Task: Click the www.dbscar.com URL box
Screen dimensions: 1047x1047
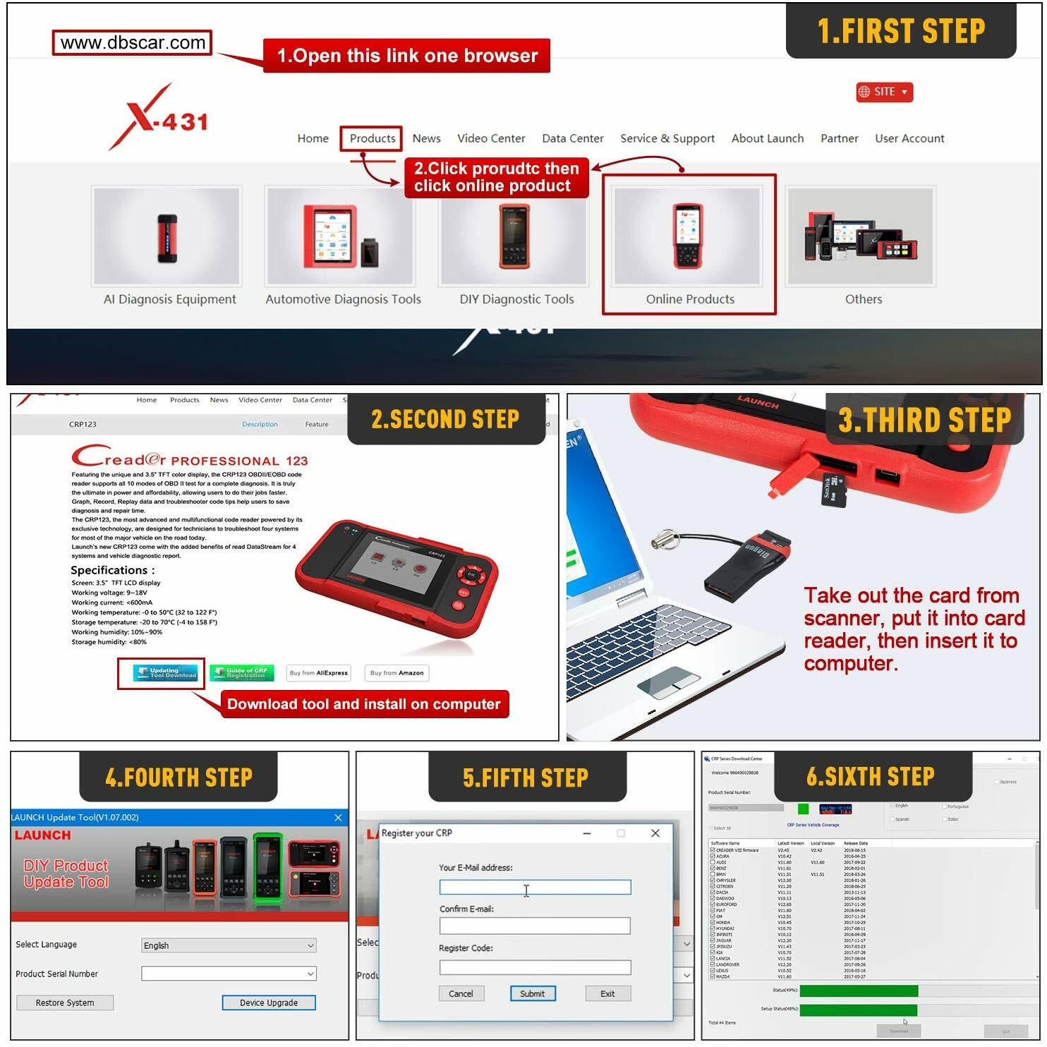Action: tap(132, 43)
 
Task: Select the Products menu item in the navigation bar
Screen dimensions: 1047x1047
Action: tap(372, 138)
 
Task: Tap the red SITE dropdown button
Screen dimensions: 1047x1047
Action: tap(884, 92)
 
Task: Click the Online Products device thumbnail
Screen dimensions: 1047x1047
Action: tap(688, 236)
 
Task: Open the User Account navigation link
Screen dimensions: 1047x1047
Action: tap(909, 138)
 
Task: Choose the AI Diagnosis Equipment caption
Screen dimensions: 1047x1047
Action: tap(169, 299)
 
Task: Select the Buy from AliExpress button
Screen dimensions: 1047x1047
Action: tap(319, 673)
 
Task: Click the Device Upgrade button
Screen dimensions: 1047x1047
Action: tap(268, 1003)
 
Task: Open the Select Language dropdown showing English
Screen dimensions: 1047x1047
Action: tap(229, 945)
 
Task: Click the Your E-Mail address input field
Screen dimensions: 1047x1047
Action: tap(534, 888)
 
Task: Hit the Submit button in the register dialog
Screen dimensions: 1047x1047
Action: tap(533, 993)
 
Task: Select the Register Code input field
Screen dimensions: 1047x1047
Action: tap(534, 967)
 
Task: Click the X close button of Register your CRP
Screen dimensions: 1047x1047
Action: tap(655, 833)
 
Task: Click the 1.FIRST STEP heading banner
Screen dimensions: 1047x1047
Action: tap(900, 31)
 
